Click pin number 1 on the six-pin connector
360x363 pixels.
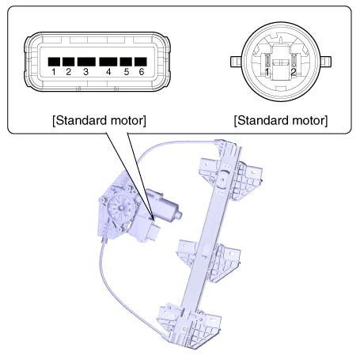click(54, 72)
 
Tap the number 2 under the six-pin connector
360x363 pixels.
click(69, 72)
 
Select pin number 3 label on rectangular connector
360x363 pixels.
click(86, 72)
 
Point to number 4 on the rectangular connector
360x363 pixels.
click(108, 72)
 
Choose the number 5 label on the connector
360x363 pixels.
click(127, 72)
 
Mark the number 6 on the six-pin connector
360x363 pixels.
click(142, 72)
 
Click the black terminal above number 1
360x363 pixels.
click(54, 62)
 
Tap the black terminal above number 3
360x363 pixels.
click(86, 62)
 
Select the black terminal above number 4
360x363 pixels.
click(108, 62)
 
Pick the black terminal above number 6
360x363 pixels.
click(141, 62)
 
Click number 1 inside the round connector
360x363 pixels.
click(267, 72)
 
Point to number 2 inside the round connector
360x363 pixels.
click(294, 72)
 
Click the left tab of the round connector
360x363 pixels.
click(236, 62)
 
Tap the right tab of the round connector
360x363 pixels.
click(326, 62)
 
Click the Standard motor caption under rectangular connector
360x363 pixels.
click(99, 120)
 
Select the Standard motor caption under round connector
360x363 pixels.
click(281, 120)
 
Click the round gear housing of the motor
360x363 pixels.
click(121, 207)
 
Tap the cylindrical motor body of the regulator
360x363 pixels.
click(165, 206)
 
